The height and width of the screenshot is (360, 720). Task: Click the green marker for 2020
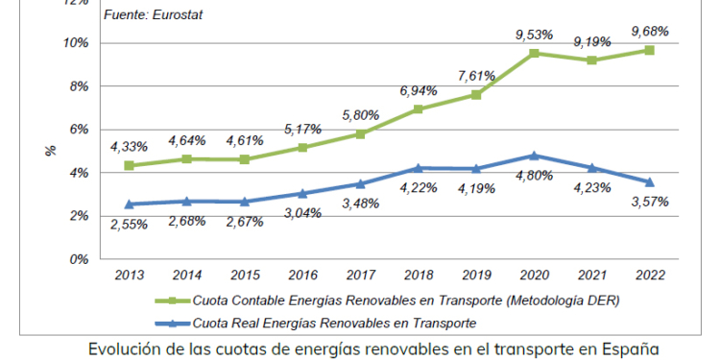click(x=534, y=53)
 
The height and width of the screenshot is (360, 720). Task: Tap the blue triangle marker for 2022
click(x=650, y=181)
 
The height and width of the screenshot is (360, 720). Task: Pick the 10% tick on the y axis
click(x=77, y=43)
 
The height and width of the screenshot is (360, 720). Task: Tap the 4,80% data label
click(x=535, y=176)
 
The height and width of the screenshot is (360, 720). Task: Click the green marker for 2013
click(x=129, y=165)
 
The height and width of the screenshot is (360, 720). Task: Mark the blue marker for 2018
click(x=419, y=168)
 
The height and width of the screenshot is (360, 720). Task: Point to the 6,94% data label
click(x=418, y=90)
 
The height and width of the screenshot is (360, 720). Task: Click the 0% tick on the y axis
click(x=81, y=259)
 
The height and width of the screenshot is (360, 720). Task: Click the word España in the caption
click(x=632, y=347)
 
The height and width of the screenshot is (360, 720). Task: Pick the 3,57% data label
click(x=650, y=202)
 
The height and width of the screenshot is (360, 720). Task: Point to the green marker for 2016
click(x=302, y=148)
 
